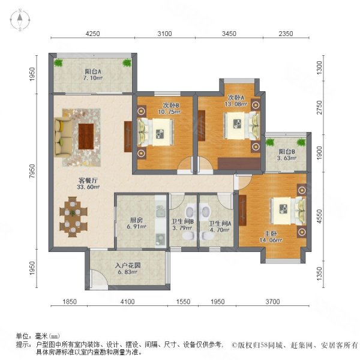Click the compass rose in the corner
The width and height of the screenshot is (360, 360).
click(x=20, y=20)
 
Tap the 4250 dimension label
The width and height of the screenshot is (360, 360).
click(x=93, y=34)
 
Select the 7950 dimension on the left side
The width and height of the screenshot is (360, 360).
click(x=32, y=171)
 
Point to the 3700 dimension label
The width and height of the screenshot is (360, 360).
click(x=273, y=301)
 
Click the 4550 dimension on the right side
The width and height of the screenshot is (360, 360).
click(x=319, y=216)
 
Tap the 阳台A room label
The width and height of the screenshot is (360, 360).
click(x=93, y=71)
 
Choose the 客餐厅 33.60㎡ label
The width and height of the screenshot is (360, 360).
click(x=88, y=184)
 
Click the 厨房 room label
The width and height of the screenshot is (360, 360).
click(x=136, y=220)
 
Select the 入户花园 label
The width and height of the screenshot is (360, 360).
click(x=128, y=266)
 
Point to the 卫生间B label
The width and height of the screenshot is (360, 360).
click(x=183, y=222)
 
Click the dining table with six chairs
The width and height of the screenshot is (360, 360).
click(x=73, y=217)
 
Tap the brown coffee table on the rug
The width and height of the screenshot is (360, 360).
click(x=86, y=136)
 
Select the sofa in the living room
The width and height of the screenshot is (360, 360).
click(x=62, y=137)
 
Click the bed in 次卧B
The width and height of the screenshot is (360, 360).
click(x=155, y=132)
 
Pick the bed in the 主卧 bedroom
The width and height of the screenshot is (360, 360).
click(x=289, y=211)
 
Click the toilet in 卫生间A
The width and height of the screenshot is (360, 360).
click(x=206, y=236)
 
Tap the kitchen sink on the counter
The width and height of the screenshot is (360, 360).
click(x=160, y=211)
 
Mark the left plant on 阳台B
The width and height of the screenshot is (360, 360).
click(x=270, y=142)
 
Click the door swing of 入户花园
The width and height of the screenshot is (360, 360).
click(x=98, y=277)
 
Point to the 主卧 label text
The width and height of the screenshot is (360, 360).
click(x=271, y=234)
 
